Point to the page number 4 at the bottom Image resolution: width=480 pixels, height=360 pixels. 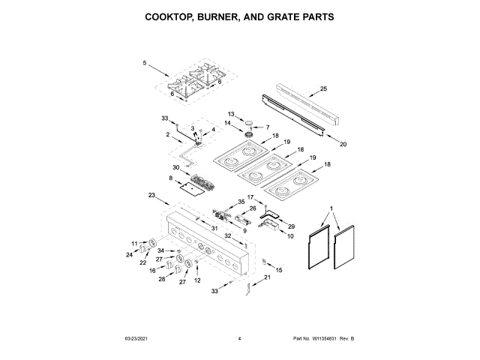[239, 339]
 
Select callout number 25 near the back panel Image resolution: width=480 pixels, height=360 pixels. [323, 89]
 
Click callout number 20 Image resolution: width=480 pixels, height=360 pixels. [343, 144]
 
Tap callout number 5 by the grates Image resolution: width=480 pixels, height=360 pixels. [144, 64]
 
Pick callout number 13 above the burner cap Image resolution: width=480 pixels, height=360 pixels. [231, 114]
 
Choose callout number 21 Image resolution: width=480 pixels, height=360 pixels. [266, 277]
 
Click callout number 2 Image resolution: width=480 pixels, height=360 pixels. [169, 134]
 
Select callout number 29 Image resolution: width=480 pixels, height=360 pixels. [292, 226]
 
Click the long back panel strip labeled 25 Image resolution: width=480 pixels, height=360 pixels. [300, 107]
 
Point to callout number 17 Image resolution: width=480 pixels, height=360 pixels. [252, 197]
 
